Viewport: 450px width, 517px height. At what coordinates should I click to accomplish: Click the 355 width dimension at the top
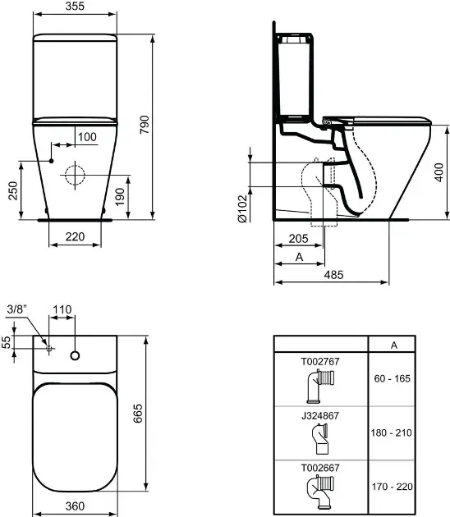(x=75, y=6)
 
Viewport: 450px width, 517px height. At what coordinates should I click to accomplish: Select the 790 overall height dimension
(x=145, y=124)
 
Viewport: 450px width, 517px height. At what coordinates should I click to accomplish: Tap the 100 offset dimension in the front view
(x=87, y=137)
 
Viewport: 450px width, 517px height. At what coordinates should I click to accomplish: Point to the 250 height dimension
(x=13, y=190)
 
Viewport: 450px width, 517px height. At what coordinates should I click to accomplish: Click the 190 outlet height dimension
(x=120, y=196)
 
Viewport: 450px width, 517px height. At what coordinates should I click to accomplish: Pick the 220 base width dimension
(x=75, y=236)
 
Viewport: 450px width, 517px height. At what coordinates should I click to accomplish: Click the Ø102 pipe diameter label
(x=242, y=208)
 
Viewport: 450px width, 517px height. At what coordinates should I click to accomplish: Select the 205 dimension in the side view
(x=298, y=238)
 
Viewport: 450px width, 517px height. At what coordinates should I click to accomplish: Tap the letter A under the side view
(x=299, y=257)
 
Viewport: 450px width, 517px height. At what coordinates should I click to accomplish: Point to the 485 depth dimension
(x=333, y=274)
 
